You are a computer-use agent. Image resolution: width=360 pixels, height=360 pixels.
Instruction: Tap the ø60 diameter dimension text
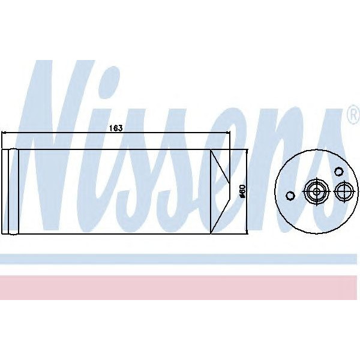point(242,190)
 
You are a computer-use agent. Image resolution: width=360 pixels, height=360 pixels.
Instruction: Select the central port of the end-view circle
point(315,192)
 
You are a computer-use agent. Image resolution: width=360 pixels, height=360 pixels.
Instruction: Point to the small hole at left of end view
point(290,196)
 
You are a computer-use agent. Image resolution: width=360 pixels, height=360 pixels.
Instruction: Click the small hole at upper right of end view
point(338,171)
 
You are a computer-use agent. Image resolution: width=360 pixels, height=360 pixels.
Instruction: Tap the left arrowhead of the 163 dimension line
point(5,133)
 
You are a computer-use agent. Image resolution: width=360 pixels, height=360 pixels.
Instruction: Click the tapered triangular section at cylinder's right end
point(220,191)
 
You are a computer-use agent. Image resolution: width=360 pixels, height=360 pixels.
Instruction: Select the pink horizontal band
point(180,287)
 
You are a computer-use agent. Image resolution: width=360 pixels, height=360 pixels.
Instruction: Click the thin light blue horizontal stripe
point(180,259)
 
